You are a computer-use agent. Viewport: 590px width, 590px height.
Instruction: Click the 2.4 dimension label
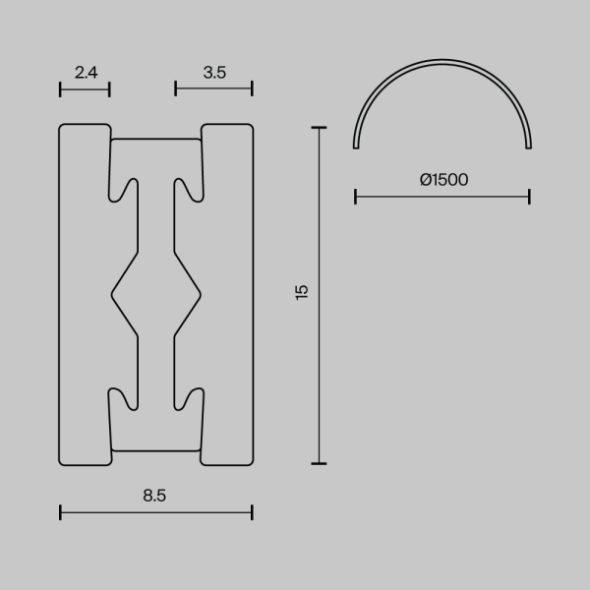tap(85, 71)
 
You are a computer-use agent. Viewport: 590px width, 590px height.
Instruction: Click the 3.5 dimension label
tap(213, 71)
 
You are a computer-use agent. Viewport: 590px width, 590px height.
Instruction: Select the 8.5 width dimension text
tap(155, 496)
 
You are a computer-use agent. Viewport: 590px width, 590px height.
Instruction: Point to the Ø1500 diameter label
tap(442, 180)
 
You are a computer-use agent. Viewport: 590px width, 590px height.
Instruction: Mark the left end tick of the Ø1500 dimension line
tap(355, 198)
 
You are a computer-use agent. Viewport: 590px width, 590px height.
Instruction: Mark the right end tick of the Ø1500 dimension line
tap(529, 198)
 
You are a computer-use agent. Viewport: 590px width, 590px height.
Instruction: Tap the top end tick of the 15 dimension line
tap(318, 127)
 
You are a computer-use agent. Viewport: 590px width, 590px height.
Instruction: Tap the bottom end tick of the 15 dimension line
tap(318, 462)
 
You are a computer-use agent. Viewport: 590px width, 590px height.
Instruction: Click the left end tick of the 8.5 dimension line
tap(60, 511)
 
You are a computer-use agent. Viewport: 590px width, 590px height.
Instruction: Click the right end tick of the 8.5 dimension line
tap(252, 511)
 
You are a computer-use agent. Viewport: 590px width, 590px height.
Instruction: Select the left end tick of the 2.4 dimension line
tap(60, 88)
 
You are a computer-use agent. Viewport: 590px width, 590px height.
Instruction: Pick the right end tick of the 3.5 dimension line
tap(252, 88)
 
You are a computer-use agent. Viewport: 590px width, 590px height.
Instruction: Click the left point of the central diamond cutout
tap(112, 292)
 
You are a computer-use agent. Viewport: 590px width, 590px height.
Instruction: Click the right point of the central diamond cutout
tap(201, 292)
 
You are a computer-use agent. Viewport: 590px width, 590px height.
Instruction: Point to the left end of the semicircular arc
tap(355, 147)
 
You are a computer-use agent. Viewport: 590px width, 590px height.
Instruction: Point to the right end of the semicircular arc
tap(529, 147)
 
